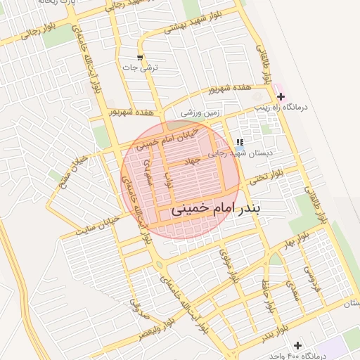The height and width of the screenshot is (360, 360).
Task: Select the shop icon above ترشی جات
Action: click(140, 57)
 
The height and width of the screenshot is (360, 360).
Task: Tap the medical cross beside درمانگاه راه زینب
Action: click(281, 96)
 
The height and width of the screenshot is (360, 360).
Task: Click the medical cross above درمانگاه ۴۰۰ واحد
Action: click(298, 345)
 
